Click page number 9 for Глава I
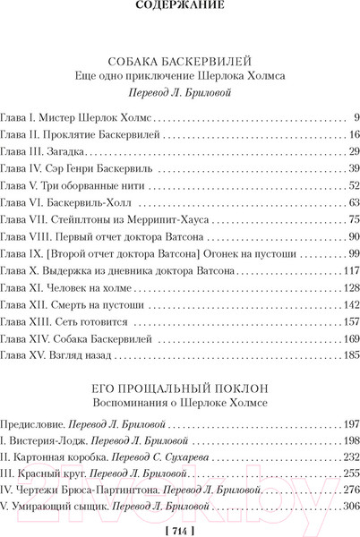[x=356, y=117]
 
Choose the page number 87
[x=353, y=236]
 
